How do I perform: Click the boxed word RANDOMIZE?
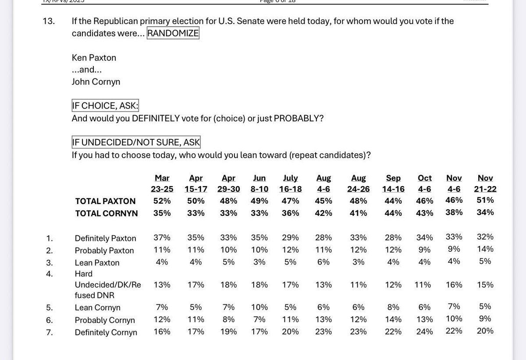click(173, 34)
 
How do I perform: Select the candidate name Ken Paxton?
click(94, 58)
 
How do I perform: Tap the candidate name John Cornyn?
click(96, 81)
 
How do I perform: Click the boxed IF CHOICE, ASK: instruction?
click(105, 106)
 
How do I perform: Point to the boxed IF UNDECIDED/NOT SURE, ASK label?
click(136, 142)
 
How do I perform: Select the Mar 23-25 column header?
click(162, 184)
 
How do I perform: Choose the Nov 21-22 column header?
click(485, 184)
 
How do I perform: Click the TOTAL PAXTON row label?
click(105, 201)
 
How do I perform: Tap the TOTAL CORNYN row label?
click(107, 214)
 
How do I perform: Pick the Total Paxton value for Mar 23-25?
click(162, 201)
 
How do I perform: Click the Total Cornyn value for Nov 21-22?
click(485, 212)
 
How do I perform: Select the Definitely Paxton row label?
click(105, 239)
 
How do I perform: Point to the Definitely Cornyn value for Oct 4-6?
click(424, 332)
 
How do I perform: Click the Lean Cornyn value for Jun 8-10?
click(259, 307)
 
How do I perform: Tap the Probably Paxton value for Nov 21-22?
click(485, 249)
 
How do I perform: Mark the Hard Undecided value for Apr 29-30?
click(228, 285)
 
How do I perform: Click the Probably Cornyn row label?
click(105, 320)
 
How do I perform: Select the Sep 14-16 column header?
click(393, 184)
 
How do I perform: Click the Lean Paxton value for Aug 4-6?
click(323, 262)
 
